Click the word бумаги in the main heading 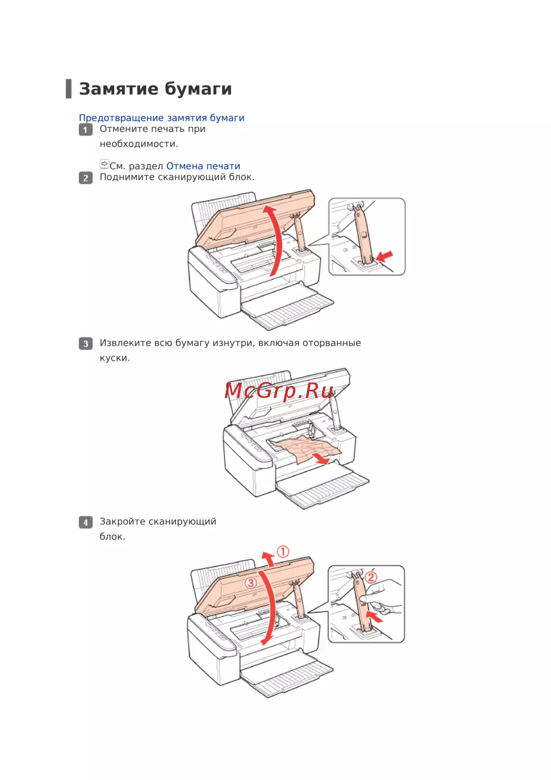[198, 90]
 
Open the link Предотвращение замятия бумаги [161, 118]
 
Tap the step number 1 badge [85, 130]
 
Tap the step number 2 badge [85, 178]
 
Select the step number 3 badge [85, 343]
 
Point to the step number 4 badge [85, 523]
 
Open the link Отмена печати [203, 166]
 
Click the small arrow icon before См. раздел [104, 164]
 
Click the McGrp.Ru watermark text [279, 391]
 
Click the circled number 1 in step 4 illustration [283, 552]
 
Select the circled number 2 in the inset [371, 578]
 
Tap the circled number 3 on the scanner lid [251, 583]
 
